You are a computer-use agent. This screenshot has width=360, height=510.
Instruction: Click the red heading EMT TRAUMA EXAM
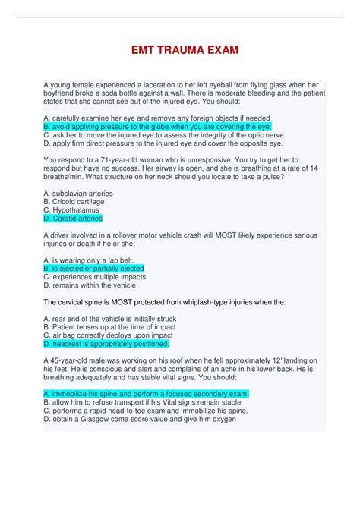click(180, 50)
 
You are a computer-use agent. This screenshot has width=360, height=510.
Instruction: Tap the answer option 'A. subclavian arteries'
click(78, 194)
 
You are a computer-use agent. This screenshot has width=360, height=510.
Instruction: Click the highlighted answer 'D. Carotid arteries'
click(73, 218)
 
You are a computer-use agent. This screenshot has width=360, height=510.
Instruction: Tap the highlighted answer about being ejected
click(93, 269)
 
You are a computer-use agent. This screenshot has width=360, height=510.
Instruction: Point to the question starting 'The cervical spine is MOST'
click(165, 301)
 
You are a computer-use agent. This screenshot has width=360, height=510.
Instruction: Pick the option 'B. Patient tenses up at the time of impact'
click(110, 327)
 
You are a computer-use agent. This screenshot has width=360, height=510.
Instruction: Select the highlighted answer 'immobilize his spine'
click(146, 394)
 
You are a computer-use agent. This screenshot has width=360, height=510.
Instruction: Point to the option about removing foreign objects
click(156, 118)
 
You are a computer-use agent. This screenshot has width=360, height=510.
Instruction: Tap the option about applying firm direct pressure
click(163, 143)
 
